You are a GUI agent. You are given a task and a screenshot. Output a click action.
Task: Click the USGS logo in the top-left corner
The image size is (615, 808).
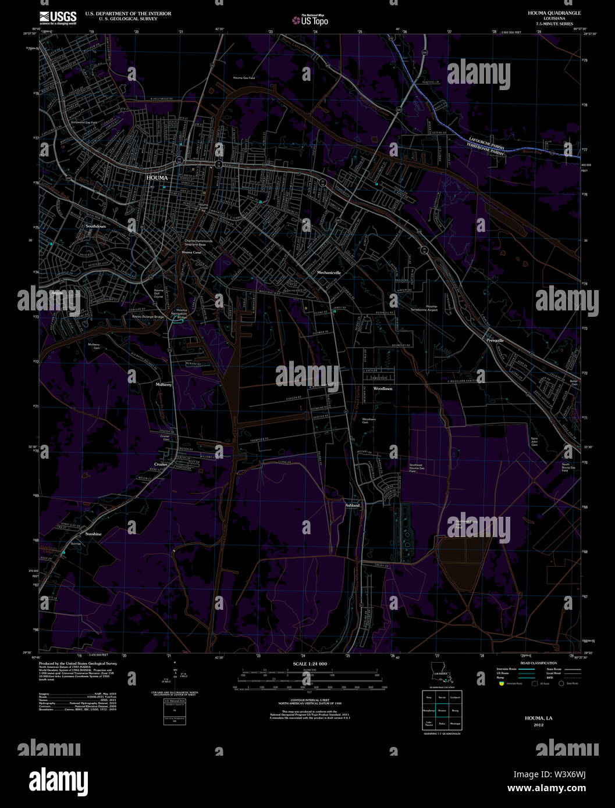(x=58, y=17)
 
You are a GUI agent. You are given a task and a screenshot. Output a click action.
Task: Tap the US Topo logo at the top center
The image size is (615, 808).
(x=311, y=20)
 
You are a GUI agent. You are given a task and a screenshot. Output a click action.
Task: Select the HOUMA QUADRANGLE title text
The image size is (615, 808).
(x=546, y=13)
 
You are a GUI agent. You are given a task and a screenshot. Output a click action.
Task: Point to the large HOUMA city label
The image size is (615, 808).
(x=157, y=178)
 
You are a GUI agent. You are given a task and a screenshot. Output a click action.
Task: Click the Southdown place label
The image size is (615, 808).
(x=96, y=226)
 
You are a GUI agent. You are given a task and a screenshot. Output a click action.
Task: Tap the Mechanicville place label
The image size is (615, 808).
(x=329, y=272)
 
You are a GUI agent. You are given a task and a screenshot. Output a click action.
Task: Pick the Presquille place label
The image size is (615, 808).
(x=495, y=340)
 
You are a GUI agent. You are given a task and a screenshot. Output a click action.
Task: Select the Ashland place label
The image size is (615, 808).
(x=353, y=505)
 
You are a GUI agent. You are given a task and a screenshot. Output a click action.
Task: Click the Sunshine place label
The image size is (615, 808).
(x=93, y=534)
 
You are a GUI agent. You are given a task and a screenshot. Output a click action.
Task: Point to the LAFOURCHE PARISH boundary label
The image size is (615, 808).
(x=486, y=143)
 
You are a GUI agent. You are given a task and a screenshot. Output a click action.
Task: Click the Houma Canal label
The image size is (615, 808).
(x=191, y=252)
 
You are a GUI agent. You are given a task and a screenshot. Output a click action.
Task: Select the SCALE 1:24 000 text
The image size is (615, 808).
(x=310, y=664)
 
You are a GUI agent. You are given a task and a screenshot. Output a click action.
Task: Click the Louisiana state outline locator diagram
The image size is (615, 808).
(x=441, y=673)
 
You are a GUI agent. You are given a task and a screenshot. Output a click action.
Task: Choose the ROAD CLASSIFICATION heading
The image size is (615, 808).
(x=538, y=663)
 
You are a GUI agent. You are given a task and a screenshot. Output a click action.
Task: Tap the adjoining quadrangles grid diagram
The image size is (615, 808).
(x=442, y=710)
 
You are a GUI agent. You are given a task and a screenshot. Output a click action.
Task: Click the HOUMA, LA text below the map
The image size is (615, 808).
(x=539, y=718)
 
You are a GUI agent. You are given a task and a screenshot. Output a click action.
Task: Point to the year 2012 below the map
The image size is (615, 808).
(x=539, y=725)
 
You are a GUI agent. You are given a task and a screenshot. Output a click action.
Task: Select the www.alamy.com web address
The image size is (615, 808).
(x=546, y=789)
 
